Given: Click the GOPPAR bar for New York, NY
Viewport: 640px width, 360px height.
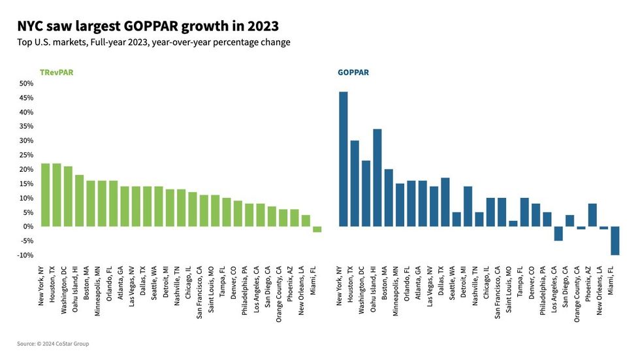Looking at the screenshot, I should (344, 159).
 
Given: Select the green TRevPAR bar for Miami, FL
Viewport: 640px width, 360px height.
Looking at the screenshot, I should (317, 229).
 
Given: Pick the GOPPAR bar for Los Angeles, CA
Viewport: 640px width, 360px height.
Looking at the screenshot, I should (558, 233).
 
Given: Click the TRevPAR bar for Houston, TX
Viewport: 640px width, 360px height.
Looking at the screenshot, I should (57, 195).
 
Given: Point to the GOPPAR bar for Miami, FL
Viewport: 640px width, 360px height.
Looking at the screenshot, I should (615, 240).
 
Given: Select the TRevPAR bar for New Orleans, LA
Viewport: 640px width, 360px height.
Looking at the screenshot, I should (306, 221).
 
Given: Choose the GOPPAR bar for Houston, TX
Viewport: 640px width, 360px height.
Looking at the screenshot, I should (355, 184).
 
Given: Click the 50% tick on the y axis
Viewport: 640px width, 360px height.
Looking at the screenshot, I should (26, 84).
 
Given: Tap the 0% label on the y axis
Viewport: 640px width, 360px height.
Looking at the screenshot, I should (28, 227).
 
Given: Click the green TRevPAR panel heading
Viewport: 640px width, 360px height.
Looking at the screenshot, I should (56, 73).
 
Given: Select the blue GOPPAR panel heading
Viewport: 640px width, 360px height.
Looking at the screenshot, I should (353, 73).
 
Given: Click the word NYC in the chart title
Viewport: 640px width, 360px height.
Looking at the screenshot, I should (31, 26).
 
